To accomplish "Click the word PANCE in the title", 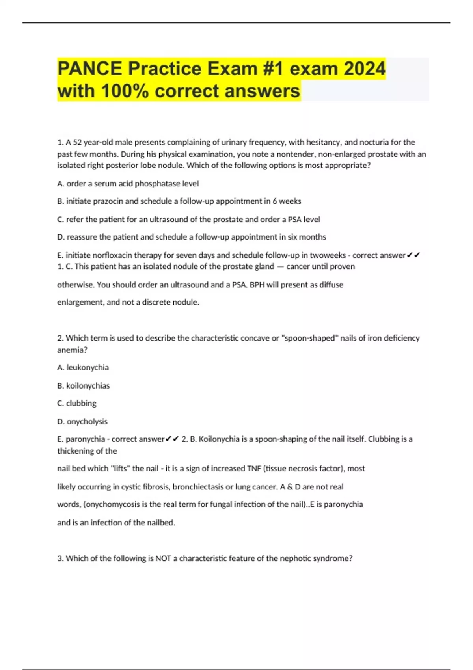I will (90, 69).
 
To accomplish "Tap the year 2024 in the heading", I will (364, 69).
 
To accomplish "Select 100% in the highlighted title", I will (125, 91).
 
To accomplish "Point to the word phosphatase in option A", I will (158, 184).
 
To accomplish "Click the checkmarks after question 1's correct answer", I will (413, 255).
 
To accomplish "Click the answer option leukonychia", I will (88, 368).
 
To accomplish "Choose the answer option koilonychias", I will (88, 386).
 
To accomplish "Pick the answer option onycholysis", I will (87, 422).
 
